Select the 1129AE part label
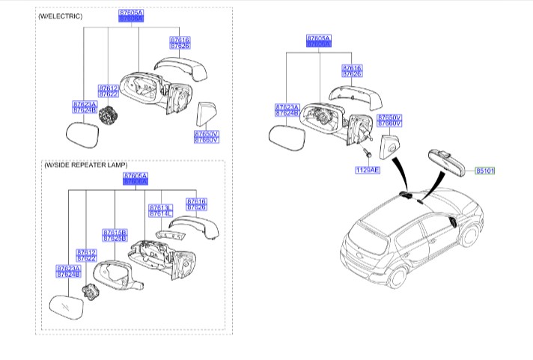[x=368, y=171]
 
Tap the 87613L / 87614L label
[x=160, y=211]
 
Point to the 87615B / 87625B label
[x=115, y=235]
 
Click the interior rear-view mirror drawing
[x=447, y=159]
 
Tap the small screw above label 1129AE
[x=368, y=153]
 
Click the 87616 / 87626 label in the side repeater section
[x=195, y=204]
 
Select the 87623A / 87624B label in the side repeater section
[x=68, y=271]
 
